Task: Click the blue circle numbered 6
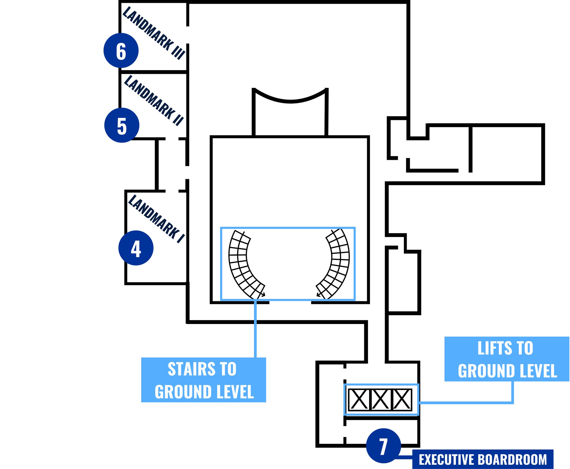point(121,51)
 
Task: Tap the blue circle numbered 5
point(122,125)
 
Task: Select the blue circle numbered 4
point(136,248)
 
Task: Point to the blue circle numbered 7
point(383,446)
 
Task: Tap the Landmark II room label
point(154,100)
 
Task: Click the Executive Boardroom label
point(483,459)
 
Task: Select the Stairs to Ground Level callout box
point(203,380)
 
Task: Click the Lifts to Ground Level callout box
point(507,359)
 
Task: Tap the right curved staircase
point(336,265)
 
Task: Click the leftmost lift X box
point(359,399)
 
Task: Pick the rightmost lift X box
point(402,399)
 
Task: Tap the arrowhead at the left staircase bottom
point(264,295)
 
